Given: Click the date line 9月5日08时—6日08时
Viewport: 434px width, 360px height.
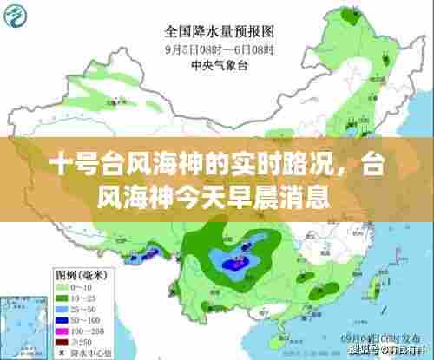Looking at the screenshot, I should tap(216, 49).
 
